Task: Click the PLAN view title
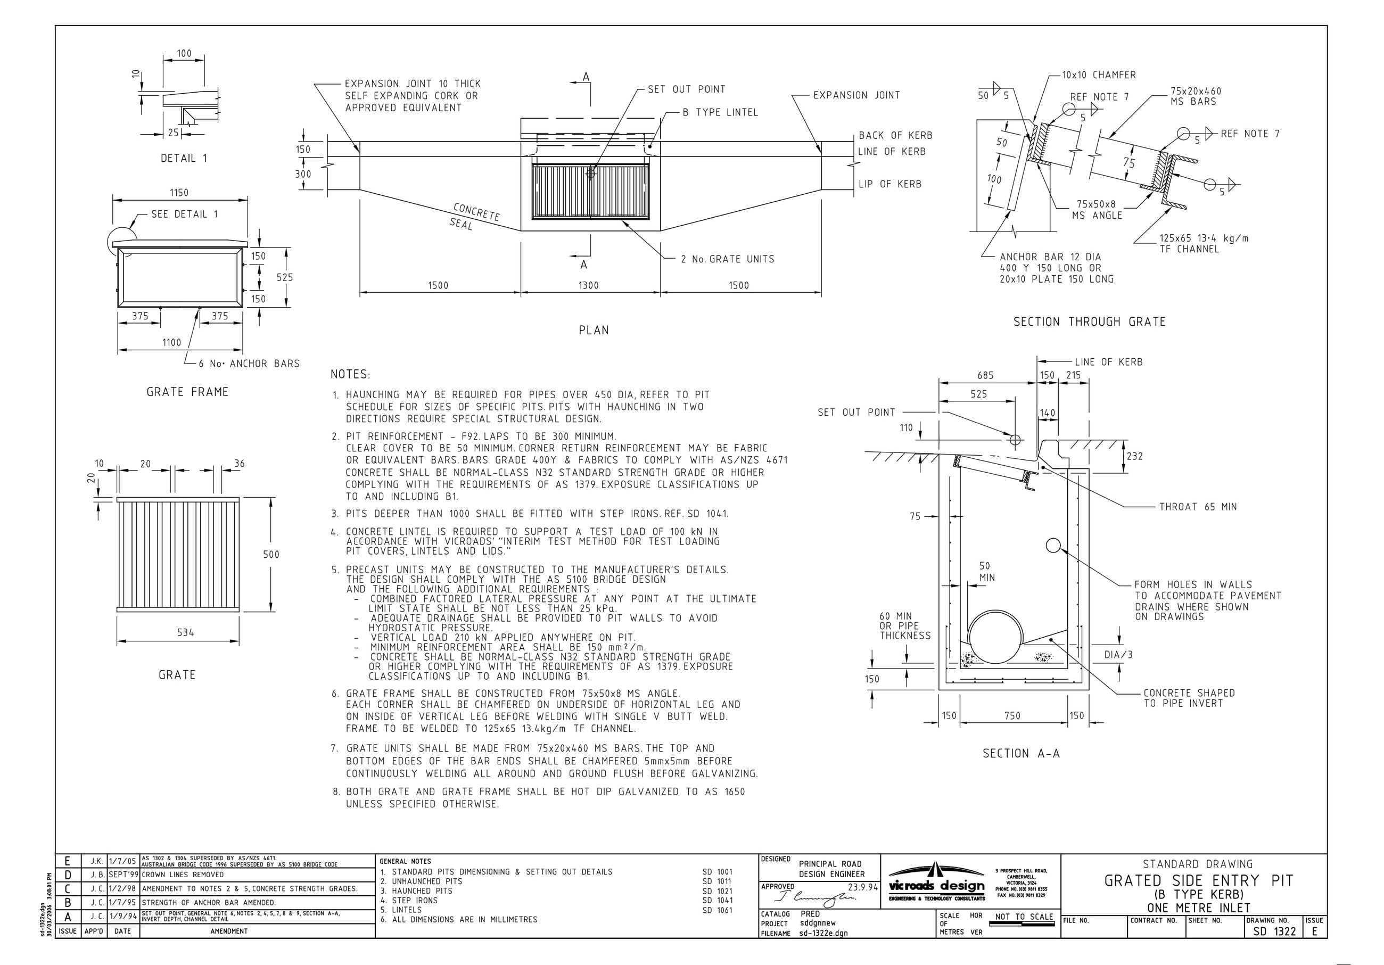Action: coord(594,331)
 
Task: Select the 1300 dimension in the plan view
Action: coord(588,286)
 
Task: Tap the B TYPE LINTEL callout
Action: coord(720,113)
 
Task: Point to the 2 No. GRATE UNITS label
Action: coord(728,259)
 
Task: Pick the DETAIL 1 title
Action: coord(184,159)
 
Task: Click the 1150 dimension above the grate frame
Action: coord(179,193)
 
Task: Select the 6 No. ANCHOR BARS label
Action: coord(249,364)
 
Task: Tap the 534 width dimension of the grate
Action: coord(186,632)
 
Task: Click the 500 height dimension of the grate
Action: coord(271,555)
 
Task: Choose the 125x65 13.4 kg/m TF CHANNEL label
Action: coord(1203,243)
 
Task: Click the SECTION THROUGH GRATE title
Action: coord(1089,322)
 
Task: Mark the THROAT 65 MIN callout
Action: coord(1198,507)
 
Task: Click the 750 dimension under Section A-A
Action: coord(1012,716)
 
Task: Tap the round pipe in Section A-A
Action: coord(995,637)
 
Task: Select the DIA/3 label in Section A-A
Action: coord(1118,655)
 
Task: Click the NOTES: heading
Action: coord(350,374)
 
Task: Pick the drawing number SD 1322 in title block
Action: coord(1274,931)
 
